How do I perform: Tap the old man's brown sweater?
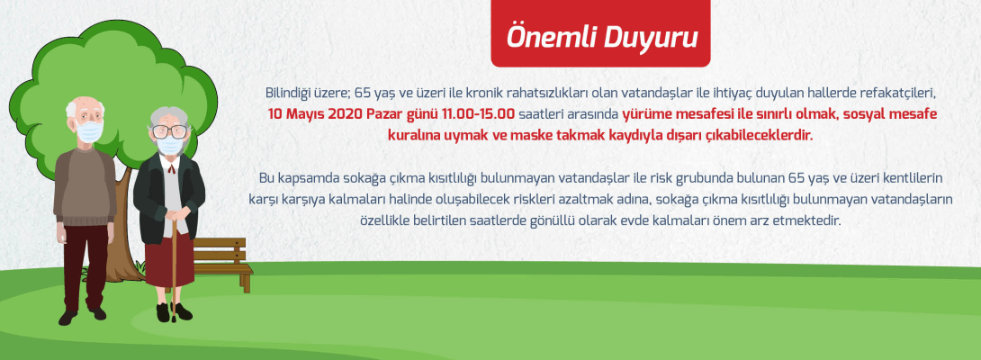tap(85, 184)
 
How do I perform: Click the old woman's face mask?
tap(168, 144)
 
